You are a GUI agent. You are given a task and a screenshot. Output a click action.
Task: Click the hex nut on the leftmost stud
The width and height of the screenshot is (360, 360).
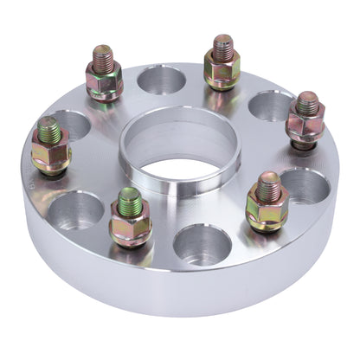coord(50,153)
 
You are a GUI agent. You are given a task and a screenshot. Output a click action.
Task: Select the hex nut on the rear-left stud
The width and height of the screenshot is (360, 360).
coord(105,80)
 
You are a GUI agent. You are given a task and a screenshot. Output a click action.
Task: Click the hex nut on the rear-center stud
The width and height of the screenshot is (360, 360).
coord(222,69)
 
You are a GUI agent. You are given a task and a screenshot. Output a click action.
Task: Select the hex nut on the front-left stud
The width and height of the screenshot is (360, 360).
coord(131,225)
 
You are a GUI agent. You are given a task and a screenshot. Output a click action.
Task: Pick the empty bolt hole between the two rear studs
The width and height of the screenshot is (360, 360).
coord(161,80)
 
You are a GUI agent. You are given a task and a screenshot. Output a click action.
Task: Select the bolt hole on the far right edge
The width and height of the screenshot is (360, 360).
coord(305,184)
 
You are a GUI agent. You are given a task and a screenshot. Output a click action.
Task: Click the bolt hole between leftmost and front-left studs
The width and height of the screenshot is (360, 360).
coord(79,210)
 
